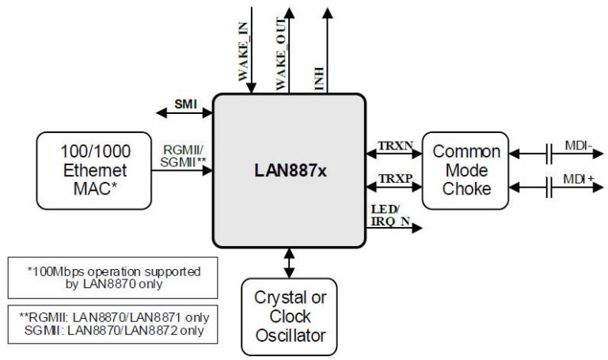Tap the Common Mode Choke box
(x=465, y=170)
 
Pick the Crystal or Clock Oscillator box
(x=289, y=316)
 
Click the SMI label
(x=186, y=103)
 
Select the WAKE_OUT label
(x=283, y=54)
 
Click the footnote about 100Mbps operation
(x=114, y=278)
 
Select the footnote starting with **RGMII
(x=114, y=324)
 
